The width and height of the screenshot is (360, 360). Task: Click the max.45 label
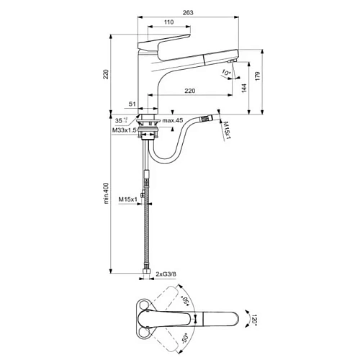pyautogui.click(x=173, y=120)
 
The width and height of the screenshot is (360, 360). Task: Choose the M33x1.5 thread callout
pyautogui.click(x=125, y=130)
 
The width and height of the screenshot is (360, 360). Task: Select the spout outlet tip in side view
pyautogui.click(x=234, y=61)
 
